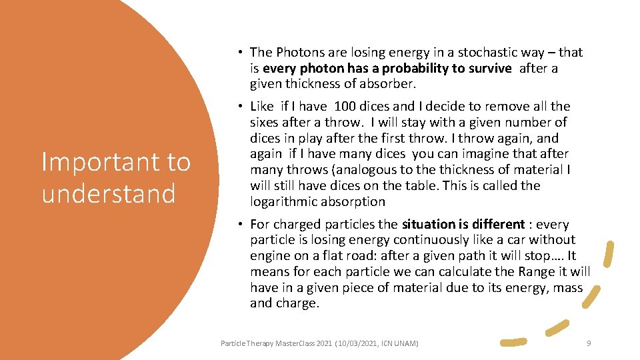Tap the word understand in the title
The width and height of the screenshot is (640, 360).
point(108,194)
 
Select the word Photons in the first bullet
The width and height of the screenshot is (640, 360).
point(299,52)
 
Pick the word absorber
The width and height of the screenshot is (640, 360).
point(387,84)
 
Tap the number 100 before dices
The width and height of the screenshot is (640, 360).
point(345,106)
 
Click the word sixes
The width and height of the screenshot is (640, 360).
point(266,122)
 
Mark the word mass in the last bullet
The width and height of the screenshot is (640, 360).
point(568,288)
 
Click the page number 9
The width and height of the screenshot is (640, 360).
point(589,343)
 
